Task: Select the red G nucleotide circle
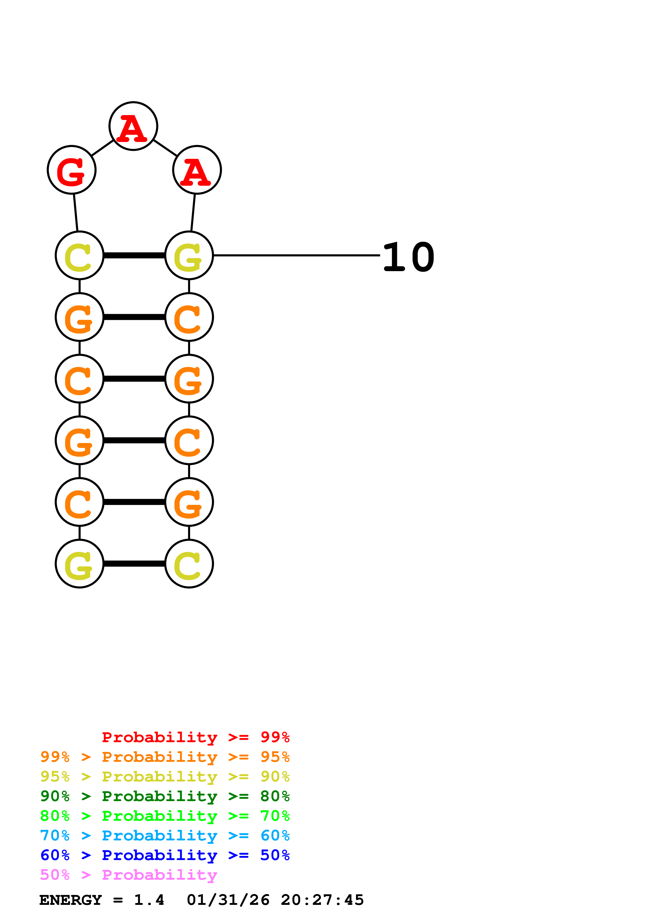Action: click(x=72, y=170)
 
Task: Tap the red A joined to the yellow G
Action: click(x=197, y=170)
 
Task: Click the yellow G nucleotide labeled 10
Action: click(x=189, y=255)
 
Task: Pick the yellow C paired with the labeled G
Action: click(x=79, y=255)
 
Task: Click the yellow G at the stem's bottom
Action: click(x=79, y=564)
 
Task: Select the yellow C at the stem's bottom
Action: click(x=189, y=564)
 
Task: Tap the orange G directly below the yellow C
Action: click(x=79, y=317)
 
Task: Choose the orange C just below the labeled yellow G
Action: click(x=189, y=317)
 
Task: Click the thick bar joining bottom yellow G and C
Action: click(x=134, y=564)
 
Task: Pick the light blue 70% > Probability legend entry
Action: click(x=165, y=835)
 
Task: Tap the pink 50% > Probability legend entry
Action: click(x=128, y=874)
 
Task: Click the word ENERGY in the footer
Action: click(x=71, y=900)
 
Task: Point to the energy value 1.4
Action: click(x=149, y=900)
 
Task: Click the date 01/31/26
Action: click(x=228, y=900)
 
